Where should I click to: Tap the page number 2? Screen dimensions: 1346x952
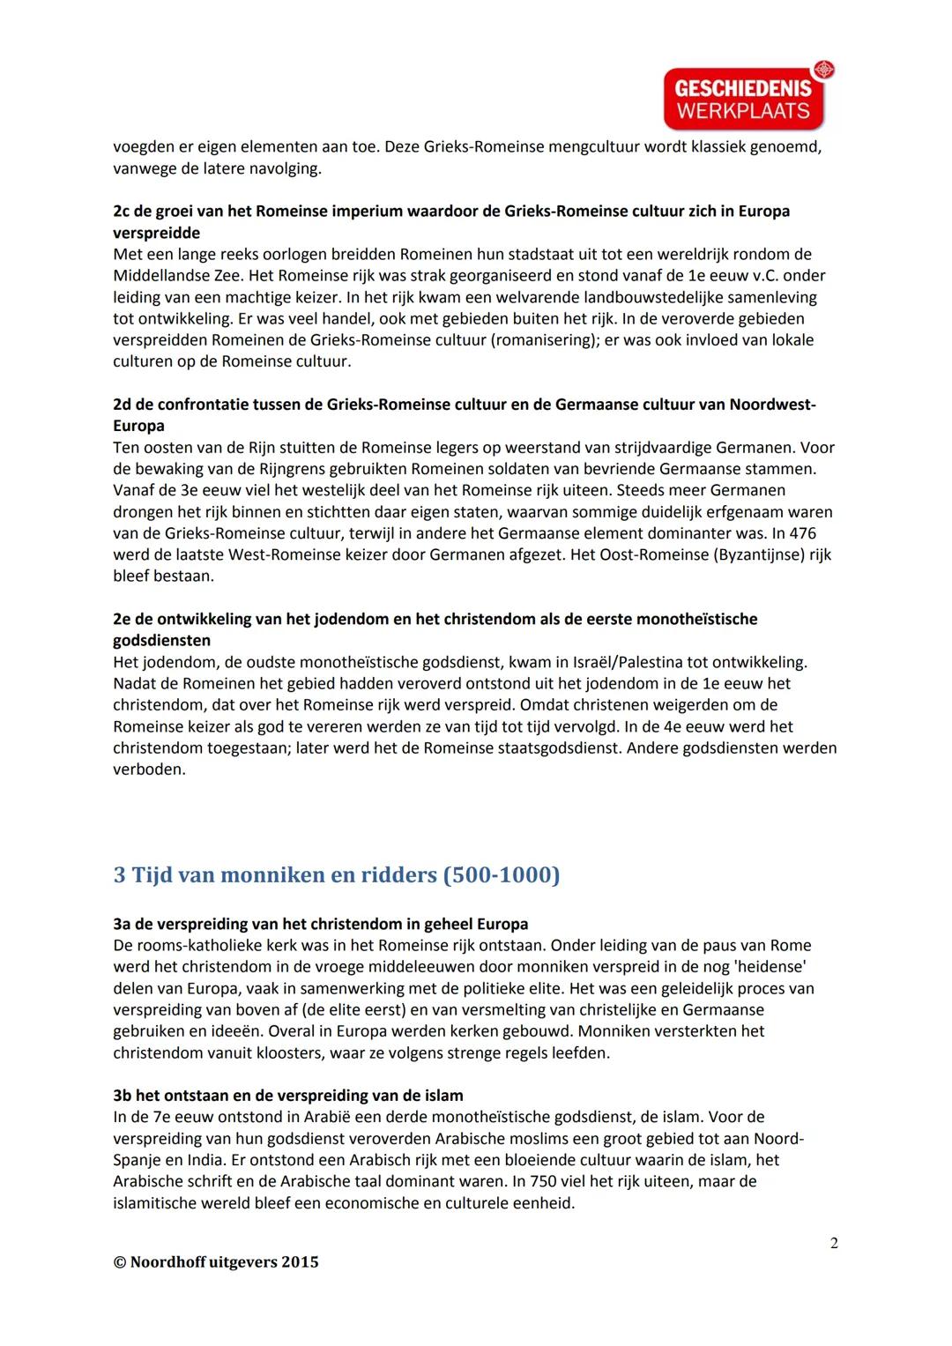pos(834,1243)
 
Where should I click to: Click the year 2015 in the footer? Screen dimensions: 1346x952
pos(300,1262)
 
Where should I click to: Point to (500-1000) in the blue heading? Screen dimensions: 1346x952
pos(501,875)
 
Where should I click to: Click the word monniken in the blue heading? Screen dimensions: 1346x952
pos(264,875)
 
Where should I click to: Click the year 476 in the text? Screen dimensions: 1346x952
pos(803,533)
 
